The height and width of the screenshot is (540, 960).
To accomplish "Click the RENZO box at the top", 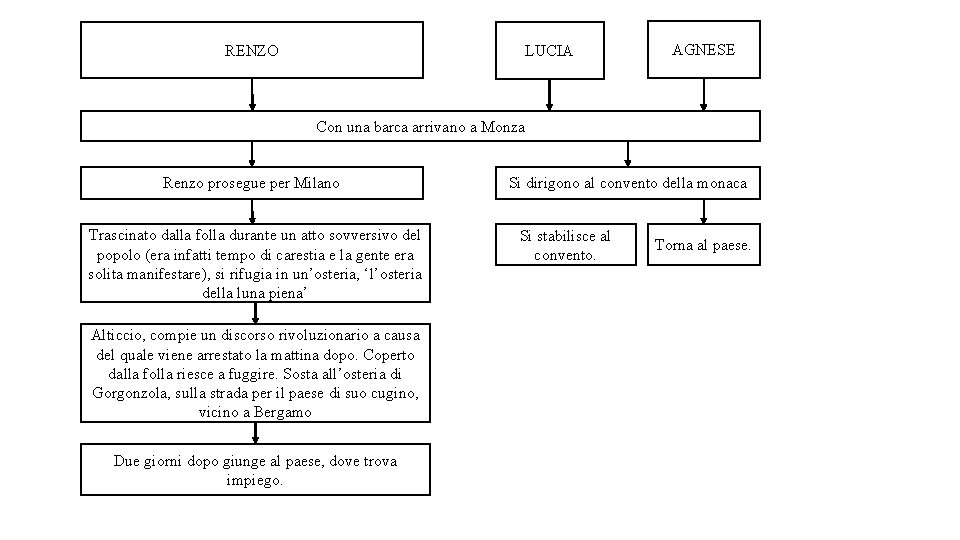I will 252,50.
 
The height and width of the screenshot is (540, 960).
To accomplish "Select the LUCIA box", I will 549,50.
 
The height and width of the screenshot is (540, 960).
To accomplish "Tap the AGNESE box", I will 703,49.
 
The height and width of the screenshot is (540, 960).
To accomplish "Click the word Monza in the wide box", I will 502,127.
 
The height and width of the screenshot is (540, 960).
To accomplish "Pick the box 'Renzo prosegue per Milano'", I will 251,183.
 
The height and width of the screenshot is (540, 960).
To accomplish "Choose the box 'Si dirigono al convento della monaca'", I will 627,183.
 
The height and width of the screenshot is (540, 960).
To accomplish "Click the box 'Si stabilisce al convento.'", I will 565,245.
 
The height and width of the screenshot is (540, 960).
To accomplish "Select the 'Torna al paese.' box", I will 703,245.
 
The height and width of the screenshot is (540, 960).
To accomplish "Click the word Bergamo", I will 283,412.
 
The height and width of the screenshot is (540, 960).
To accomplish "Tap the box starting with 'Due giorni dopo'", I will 255,470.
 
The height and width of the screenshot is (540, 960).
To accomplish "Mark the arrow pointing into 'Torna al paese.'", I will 703,211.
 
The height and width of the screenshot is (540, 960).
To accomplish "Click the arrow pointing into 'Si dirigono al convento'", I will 627,153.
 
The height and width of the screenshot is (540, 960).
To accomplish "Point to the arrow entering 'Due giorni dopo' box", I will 255,433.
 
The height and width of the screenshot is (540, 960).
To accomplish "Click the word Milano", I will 317,183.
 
